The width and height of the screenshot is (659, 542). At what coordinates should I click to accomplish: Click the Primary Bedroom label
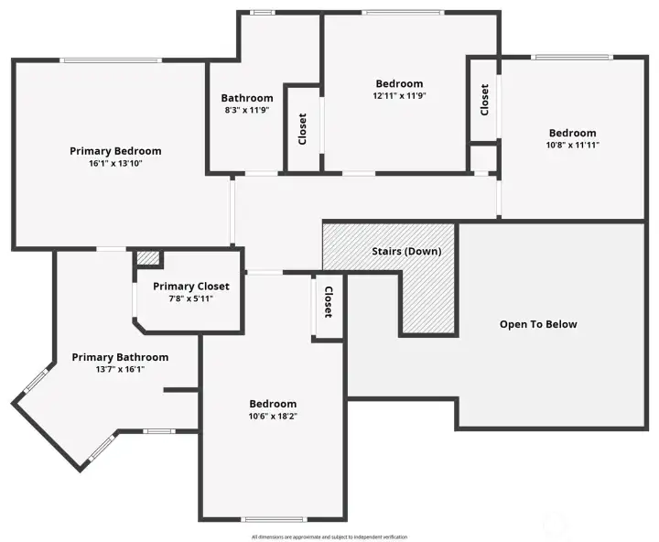[115, 151]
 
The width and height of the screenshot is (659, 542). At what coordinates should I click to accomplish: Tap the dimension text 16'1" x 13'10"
[115, 164]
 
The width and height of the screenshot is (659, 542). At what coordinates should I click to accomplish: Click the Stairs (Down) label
[406, 252]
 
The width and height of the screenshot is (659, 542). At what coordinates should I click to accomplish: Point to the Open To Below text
[538, 324]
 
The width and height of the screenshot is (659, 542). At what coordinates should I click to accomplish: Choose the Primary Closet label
[189, 286]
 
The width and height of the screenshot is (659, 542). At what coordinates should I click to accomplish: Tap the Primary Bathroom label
[120, 357]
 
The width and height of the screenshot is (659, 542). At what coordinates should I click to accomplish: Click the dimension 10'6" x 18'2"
[273, 417]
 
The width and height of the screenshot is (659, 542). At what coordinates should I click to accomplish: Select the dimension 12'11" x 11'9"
[399, 95]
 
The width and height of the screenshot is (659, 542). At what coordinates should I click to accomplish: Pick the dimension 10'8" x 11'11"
[572, 145]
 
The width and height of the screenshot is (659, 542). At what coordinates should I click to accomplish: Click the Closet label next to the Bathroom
[303, 129]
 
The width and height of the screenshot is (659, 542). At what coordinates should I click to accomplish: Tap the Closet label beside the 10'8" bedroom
[485, 99]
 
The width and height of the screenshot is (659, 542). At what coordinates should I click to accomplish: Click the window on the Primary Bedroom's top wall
[112, 60]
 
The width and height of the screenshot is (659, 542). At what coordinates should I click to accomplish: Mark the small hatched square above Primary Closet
[147, 258]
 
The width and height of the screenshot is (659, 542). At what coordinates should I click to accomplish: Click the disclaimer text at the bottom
[329, 537]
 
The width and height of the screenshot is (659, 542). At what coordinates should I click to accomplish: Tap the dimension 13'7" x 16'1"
[120, 369]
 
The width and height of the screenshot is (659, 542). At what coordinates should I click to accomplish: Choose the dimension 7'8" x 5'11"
[189, 298]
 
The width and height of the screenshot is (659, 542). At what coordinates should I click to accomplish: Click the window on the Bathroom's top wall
[263, 12]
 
